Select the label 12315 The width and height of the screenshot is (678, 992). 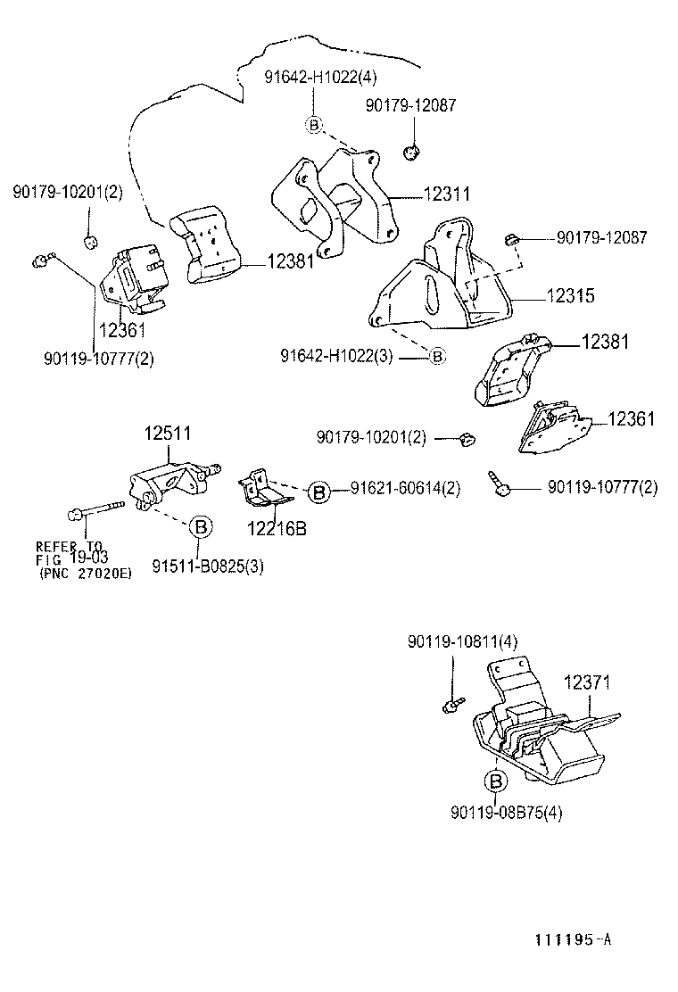(545, 295)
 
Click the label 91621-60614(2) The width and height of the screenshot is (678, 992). (405, 489)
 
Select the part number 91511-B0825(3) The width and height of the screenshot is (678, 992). (207, 566)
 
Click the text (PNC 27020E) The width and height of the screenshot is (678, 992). (85, 574)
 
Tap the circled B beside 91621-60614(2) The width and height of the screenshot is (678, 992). (319, 490)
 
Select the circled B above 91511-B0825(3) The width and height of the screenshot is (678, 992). (202, 527)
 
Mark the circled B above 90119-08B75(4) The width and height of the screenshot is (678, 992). (495, 782)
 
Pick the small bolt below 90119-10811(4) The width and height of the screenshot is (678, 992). (451, 706)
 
